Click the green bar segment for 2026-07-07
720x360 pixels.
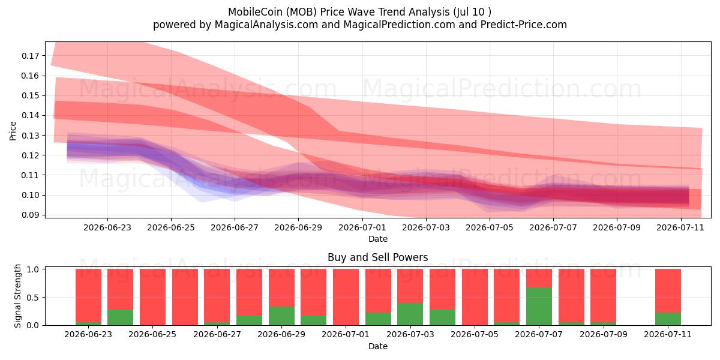[539, 307]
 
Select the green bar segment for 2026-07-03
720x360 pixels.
[410, 314]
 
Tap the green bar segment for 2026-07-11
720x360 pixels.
[668, 319]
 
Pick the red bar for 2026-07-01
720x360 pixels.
[346, 297]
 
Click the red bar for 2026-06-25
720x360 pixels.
[152, 297]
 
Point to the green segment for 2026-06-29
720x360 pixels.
[281, 316]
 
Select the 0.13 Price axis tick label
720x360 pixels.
[30, 136]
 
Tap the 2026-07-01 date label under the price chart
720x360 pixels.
[362, 227]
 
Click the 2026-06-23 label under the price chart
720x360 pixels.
[107, 227]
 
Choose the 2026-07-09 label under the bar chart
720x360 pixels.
[604, 334]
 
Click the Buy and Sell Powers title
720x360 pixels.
[377, 257]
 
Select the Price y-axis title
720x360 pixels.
[13, 131]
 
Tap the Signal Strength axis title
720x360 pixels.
[17, 296]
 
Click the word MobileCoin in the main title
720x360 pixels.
[255, 12]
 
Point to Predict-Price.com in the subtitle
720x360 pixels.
[524, 25]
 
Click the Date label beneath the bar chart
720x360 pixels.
[378, 346]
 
